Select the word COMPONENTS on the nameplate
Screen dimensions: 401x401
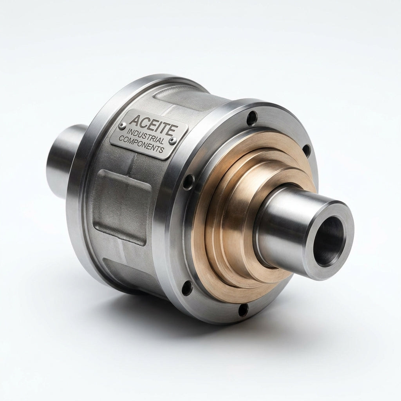pyautogui.click(x=141, y=144)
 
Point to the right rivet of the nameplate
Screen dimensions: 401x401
pyautogui.click(x=173, y=140)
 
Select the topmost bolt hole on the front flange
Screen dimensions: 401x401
pyautogui.click(x=252, y=118)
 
